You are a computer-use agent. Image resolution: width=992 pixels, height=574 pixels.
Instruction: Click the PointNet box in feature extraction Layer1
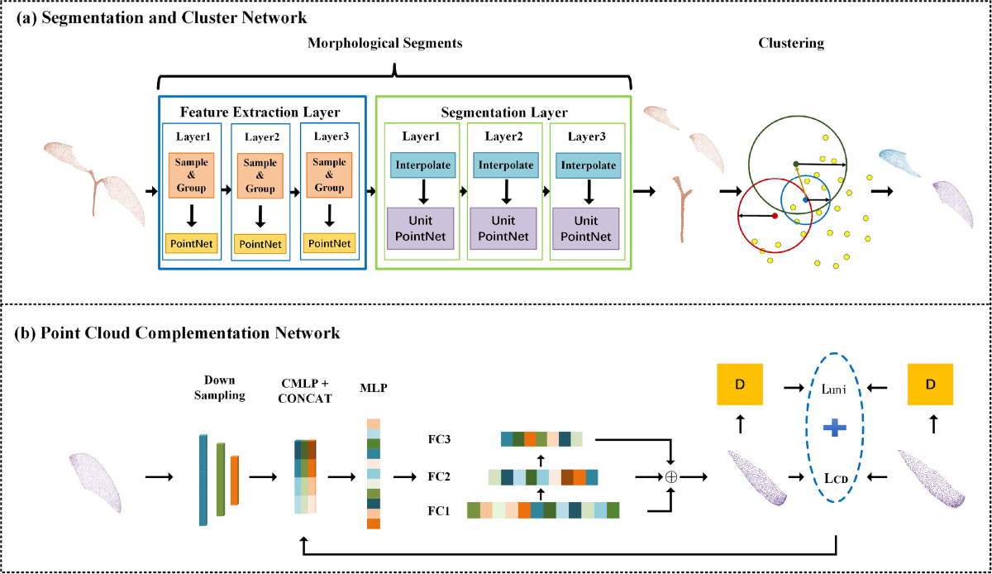coord(191,243)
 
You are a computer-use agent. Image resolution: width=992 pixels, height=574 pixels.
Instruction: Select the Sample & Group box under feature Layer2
coord(260,175)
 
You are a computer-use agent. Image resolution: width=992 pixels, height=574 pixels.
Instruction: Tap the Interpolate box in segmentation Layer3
coord(588,165)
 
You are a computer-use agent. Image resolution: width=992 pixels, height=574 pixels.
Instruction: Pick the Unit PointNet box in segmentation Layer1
coord(420,229)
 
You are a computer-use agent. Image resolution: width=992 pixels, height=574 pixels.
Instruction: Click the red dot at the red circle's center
coord(775,216)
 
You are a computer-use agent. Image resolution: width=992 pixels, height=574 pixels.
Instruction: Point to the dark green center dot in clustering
coord(796,164)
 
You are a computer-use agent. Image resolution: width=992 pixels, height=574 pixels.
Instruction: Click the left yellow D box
coord(740,385)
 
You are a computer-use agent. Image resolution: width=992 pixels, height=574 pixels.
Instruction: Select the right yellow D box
coord(930,385)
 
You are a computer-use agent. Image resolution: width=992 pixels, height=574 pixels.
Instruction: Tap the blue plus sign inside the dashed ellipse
coord(834,428)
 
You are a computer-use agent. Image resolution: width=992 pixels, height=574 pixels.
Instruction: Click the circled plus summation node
coord(671,477)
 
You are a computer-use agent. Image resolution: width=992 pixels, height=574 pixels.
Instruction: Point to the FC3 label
coord(439,439)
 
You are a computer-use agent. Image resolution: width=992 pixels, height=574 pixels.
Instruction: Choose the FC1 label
coord(438,511)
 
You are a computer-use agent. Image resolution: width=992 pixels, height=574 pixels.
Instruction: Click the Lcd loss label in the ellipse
coord(836,479)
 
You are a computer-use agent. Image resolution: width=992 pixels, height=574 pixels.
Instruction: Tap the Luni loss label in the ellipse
coord(833,390)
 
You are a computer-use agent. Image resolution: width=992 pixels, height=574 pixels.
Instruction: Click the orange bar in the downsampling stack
coord(235,480)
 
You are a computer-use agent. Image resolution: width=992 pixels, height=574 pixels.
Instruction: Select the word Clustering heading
coord(791,44)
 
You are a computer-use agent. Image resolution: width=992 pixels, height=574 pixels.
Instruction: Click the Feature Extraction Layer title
coord(260,112)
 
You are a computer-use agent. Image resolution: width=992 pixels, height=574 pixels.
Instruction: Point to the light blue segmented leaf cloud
coord(899,163)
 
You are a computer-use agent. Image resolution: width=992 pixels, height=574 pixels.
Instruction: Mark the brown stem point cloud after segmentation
coord(682,209)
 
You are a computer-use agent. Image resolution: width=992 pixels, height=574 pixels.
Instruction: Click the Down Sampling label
coord(220,388)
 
